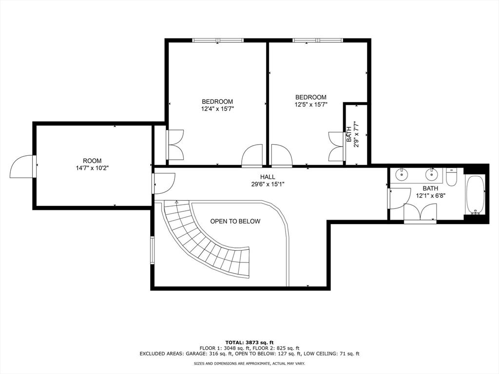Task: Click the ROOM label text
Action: click(x=92, y=161)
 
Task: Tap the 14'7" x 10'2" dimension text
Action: click(x=92, y=168)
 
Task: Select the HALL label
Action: click(x=267, y=177)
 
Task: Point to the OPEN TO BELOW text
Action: click(x=235, y=222)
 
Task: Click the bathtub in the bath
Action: click(x=475, y=195)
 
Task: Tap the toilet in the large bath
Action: click(x=451, y=177)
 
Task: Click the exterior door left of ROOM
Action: click(x=22, y=167)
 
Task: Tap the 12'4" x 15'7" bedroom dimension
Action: click(x=217, y=109)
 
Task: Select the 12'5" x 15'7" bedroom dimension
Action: click(x=310, y=105)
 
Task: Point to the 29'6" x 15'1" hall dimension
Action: click(x=267, y=184)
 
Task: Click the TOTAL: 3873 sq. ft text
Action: click(x=249, y=342)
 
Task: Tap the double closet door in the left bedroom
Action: click(x=175, y=145)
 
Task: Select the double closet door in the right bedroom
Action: click(x=336, y=146)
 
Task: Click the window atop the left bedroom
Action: click(x=217, y=40)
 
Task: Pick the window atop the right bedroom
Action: click(x=317, y=40)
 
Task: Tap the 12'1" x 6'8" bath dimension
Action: click(x=430, y=196)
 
